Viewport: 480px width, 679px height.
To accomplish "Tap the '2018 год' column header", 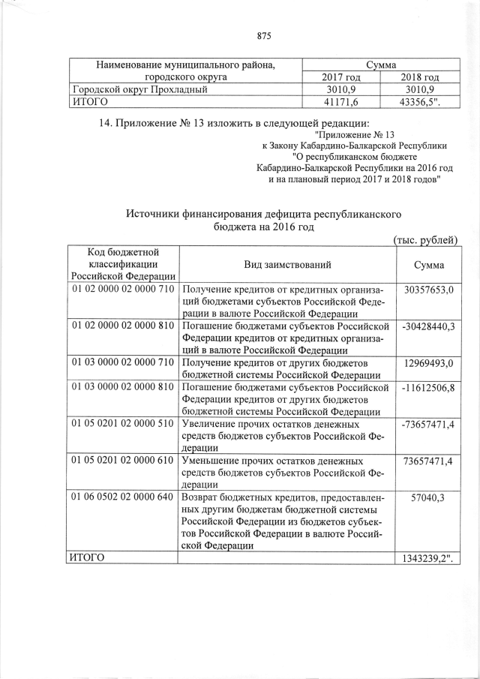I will coord(419,77).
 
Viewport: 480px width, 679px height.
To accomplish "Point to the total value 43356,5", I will coord(421,102).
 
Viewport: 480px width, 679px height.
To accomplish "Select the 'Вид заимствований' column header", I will coord(287,265).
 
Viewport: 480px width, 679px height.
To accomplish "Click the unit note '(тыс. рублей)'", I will coord(425,239).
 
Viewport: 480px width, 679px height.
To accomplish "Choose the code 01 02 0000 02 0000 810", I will coord(122,326).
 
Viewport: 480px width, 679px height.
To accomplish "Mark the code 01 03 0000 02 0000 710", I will coord(122,363).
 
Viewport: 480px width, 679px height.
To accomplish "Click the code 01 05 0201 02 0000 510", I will coord(122,424).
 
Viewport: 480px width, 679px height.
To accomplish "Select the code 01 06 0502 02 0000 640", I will coord(122,497).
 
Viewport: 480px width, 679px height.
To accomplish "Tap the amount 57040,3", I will coord(428,497).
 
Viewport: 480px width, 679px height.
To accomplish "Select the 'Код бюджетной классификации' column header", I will coord(122,265).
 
